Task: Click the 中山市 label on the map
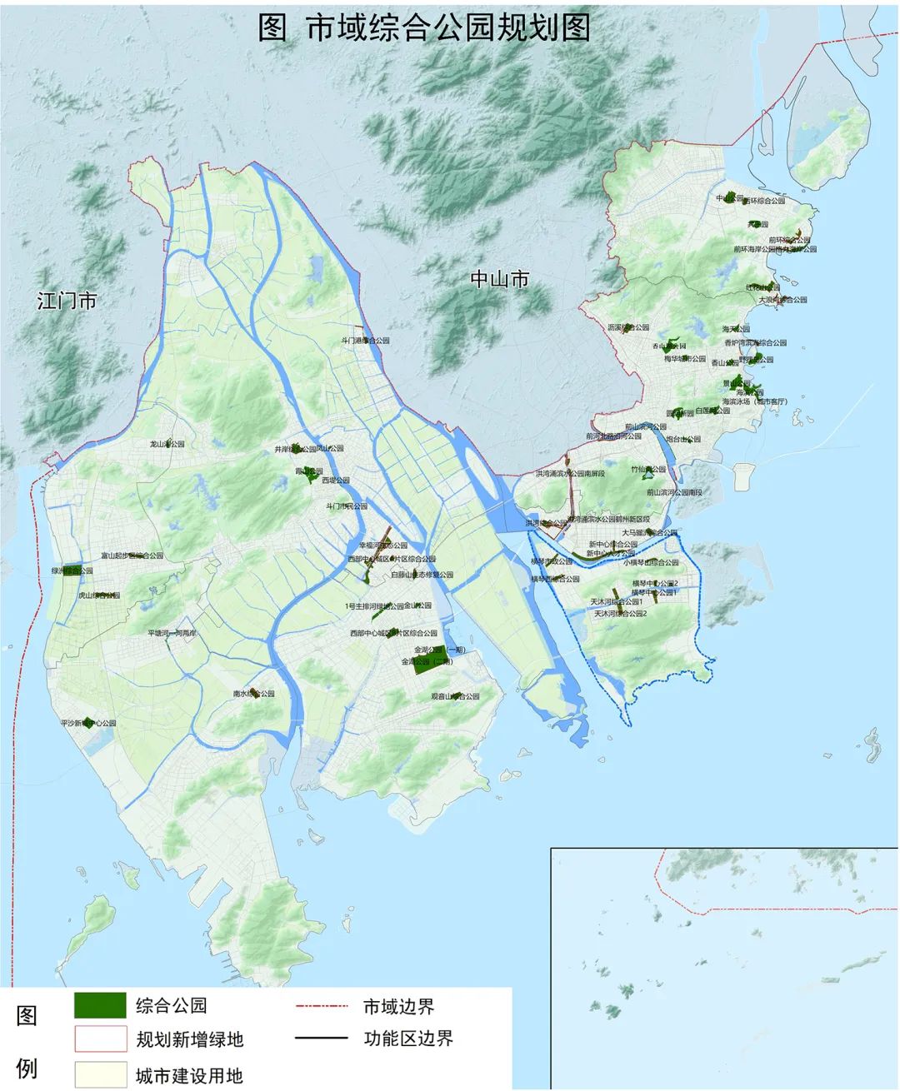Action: click(x=499, y=280)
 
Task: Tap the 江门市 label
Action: click(x=67, y=301)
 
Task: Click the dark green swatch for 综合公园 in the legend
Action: click(x=100, y=1005)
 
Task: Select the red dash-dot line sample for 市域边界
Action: click(x=321, y=1006)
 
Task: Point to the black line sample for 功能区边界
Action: click(x=321, y=1039)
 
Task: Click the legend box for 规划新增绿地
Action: click(x=100, y=1039)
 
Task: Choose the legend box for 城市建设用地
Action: click(x=100, y=1074)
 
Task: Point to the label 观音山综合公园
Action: click(x=455, y=696)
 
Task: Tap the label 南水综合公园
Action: click(x=253, y=693)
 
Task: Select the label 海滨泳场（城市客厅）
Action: click(x=756, y=401)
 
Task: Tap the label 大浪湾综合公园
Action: click(x=782, y=299)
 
